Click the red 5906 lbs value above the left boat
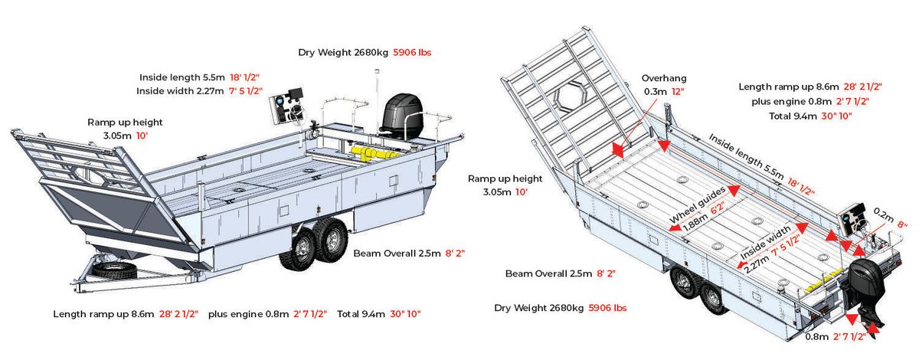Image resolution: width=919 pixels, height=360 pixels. tap(412, 53)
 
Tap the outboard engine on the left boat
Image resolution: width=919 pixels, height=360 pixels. tap(401, 116)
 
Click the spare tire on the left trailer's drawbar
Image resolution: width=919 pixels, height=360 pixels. tap(114, 271)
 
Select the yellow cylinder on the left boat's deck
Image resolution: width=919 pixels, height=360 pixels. tap(374, 153)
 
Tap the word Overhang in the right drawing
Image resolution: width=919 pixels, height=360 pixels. tap(664, 78)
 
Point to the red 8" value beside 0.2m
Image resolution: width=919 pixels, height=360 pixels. tap(902, 224)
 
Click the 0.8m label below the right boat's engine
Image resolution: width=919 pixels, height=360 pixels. tap(816, 336)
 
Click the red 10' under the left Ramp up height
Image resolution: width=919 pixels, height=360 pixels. tap(142, 136)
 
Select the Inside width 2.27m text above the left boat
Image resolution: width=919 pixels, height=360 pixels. tap(180, 90)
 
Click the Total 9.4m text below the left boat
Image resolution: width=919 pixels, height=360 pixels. tap(361, 314)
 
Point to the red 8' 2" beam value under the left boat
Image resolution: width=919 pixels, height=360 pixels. tap(455, 254)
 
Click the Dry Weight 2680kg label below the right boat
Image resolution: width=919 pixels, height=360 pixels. tap(538, 308)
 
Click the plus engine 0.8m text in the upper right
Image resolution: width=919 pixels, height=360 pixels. tap(791, 101)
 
